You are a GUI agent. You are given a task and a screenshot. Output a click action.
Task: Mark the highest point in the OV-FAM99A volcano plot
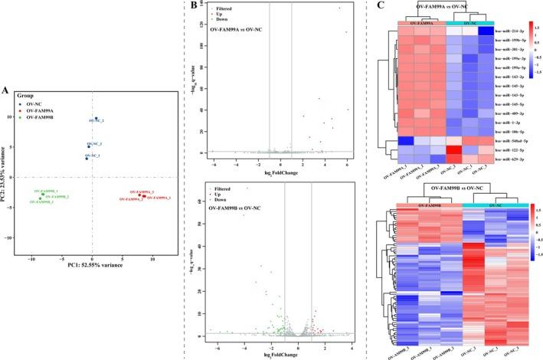pos(339,8)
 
